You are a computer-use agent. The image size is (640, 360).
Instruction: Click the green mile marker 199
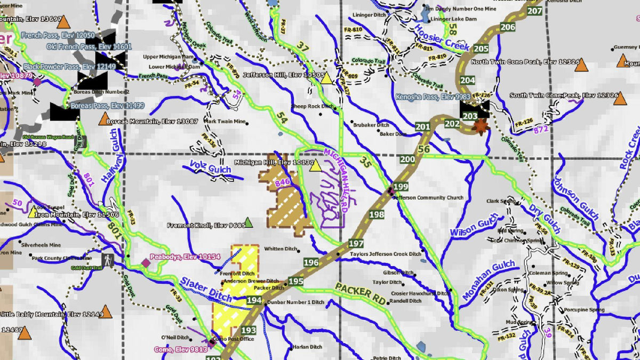coord(402,187)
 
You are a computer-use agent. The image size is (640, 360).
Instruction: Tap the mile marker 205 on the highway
coord(481,49)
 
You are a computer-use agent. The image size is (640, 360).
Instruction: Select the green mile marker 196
coord(311,262)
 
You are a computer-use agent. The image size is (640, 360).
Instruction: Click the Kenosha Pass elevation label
coord(433,97)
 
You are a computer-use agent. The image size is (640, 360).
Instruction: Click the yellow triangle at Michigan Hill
coord(315,165)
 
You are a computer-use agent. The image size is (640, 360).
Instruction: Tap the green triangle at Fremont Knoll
coord(248,222)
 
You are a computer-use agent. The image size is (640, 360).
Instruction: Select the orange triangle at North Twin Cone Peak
coord(581,66)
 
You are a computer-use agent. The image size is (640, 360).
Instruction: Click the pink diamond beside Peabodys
coord(146,263)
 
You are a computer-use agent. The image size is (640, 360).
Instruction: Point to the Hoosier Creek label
coord(442,38)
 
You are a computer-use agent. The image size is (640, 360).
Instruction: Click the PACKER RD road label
coord(360,293)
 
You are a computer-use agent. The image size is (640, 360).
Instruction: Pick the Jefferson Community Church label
coord(428,198)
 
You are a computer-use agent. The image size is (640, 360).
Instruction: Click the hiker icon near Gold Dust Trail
coord(109,260)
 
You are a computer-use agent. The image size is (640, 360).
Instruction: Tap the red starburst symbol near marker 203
coord(481,127)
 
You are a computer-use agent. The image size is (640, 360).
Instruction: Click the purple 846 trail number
coord(283,183)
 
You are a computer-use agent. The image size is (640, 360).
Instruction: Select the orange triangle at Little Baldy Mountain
coord(106,311)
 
